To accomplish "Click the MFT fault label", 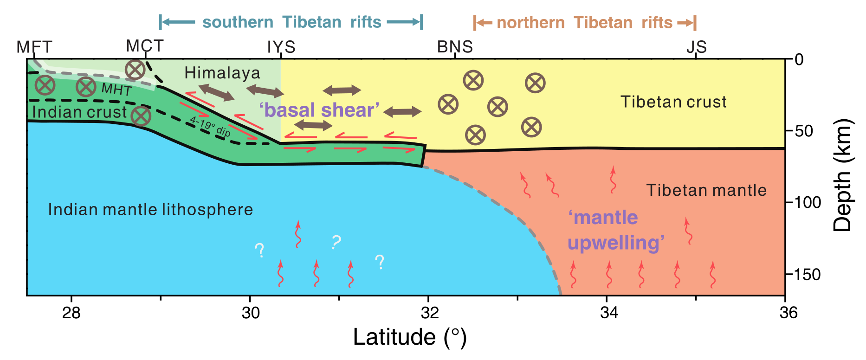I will [34, 47].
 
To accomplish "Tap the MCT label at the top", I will [145, 46].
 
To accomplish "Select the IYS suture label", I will [281, 47].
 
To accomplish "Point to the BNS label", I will [455, 47].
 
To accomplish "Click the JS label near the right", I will [696, 47].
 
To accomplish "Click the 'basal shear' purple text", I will [319, 110].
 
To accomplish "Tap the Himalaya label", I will [222, 73].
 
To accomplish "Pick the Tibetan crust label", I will [673, 102].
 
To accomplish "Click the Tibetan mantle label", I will [706, 190].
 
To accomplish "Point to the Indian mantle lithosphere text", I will [150, 210].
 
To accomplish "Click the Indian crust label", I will [79, 112].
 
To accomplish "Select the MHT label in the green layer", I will [116, 89].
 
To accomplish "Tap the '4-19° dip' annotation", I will [210, 126].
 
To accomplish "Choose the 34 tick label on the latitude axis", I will [609, 313].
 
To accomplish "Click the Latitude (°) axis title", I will [409, 337].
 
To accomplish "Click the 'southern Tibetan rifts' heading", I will [291, 22].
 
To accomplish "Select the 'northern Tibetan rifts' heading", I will [584, 22].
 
